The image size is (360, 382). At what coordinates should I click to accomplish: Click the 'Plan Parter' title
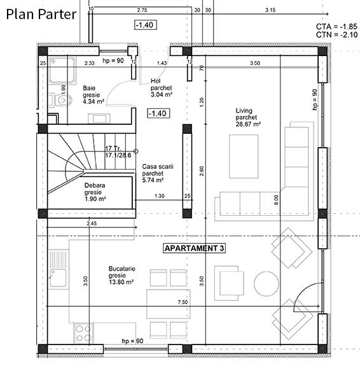pos(42,13)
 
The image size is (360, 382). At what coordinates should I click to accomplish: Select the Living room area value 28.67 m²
pos(248,125)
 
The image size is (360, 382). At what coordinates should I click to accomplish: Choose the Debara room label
pos(95,186)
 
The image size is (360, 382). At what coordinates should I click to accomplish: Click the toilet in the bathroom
pos(61,99)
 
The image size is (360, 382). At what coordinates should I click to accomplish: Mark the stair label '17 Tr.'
pos(113,148)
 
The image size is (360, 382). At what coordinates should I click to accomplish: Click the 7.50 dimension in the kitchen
pos(183,302)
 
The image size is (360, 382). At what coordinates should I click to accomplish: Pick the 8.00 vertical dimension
pos(276,199)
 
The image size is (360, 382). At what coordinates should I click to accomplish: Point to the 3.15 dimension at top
pos(270,10)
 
